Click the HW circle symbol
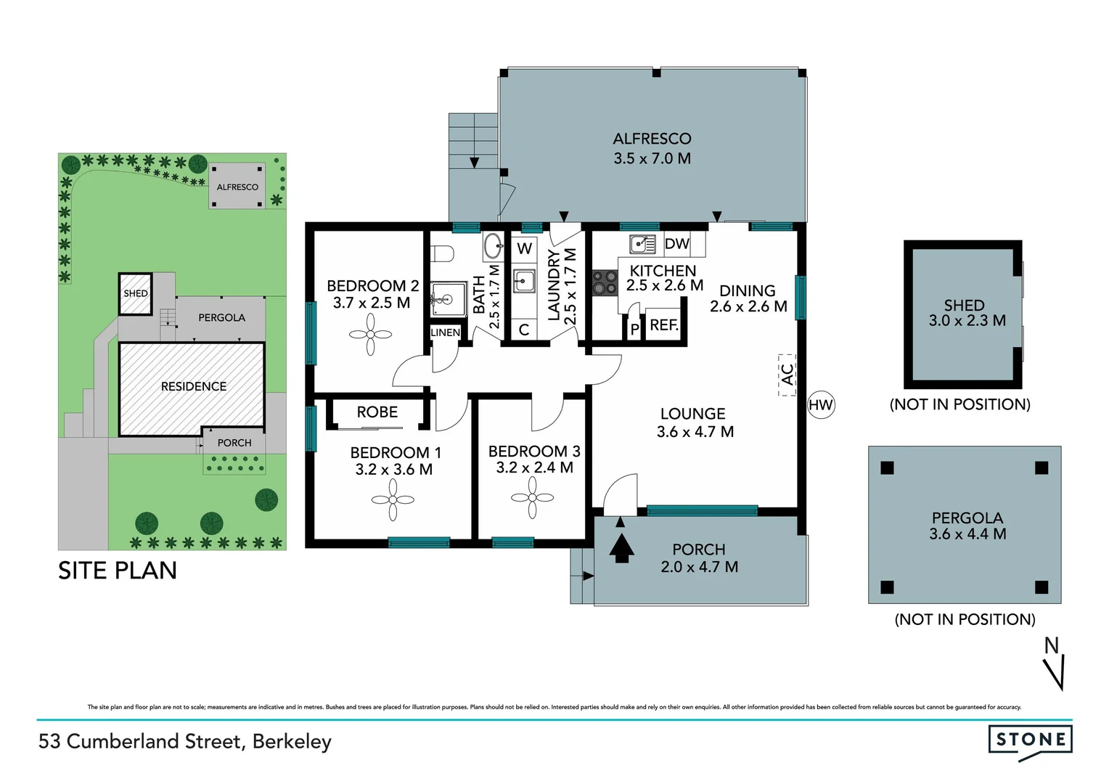(821, 405)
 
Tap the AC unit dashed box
(787, 375)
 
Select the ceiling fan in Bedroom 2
(370, 335)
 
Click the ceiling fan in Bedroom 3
(533, 498)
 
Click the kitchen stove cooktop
(605, 283)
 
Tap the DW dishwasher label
(676, 244)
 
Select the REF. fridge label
(664, 325)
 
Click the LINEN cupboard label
(445, 332)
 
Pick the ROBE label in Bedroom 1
(377, 412)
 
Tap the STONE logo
(1030, 740)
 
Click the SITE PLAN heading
(118, 571)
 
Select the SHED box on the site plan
(135, 293)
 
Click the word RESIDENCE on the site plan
(194, 386)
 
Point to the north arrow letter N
(1051, 645)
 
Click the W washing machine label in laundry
(524, 248)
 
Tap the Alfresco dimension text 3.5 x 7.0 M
(652, 158)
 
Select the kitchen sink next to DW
(642, 244)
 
